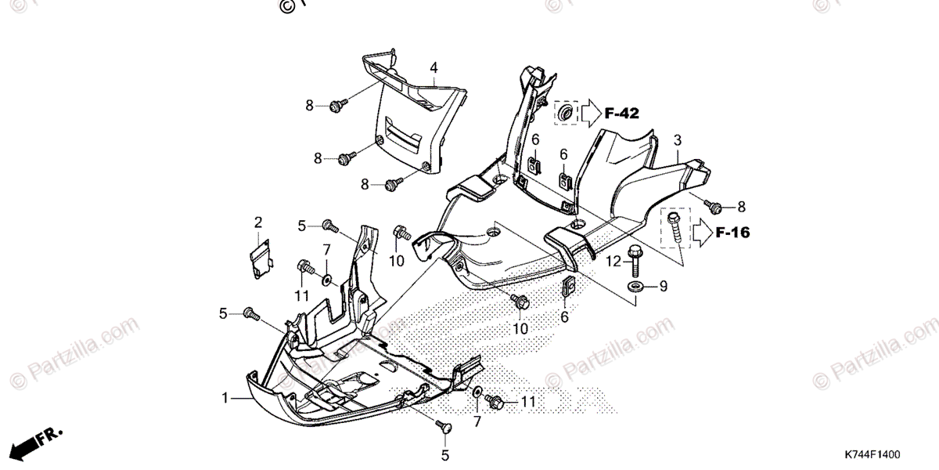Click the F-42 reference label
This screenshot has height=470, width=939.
pyautogui.click(x=621, y=114)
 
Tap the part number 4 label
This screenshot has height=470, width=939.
pyautogui.click(x=433, y=69)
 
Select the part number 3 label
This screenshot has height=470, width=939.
pyautogui.click(x=677, y=140)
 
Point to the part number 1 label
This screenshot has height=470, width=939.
pyautogui.click(x=225, y=398)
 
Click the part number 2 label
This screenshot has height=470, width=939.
pyautogui.click(x=257, y=223)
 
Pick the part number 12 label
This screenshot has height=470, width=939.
pyautogui.click(x=612, y=260)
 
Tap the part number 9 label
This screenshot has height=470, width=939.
pyautogui.click(x=663, y=287)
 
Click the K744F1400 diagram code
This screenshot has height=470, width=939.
pyautogui.click(x=872, y=454)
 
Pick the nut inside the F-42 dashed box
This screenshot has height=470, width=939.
pyautogui.click(x=563, y=114)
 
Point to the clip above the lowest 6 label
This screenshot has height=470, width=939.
pyautogui.click(x=568, y=287)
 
